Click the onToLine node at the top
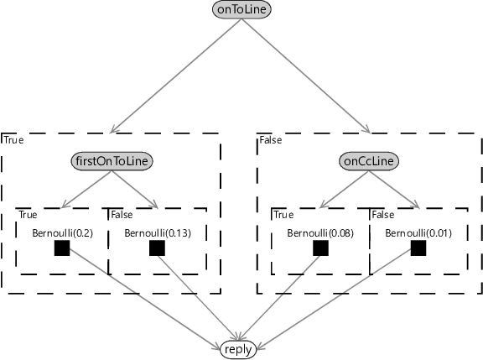click(x=241, y=9)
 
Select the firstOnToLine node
click(x=112, y=161)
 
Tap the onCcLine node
click(x=369, y=161)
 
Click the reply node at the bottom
click(x=238, y=350)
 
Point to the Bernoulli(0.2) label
click(x=62, y=233)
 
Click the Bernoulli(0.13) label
click(x=158, y=233)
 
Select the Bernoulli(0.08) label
click(x=320, y=233)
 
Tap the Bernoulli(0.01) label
click(x=418, y=233)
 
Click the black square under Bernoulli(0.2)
click(x=62, y=248)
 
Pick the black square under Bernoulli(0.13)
click(x=157, y=248)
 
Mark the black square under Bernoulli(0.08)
click(x=320, y=248)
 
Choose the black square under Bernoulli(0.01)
click(x=418, y=248)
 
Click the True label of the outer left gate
click(x=14, y=140)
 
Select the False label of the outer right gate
click(x=271, y=140)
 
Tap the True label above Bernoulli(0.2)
click(x=28, y=215)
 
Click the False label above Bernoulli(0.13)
click(x=122, y=215)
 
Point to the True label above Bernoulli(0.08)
click(x=283, y=215)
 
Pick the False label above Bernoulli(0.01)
click(x=383, y=215)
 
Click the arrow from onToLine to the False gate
click(x=306, y=76)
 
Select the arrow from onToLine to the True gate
click(x=175, y=76)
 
